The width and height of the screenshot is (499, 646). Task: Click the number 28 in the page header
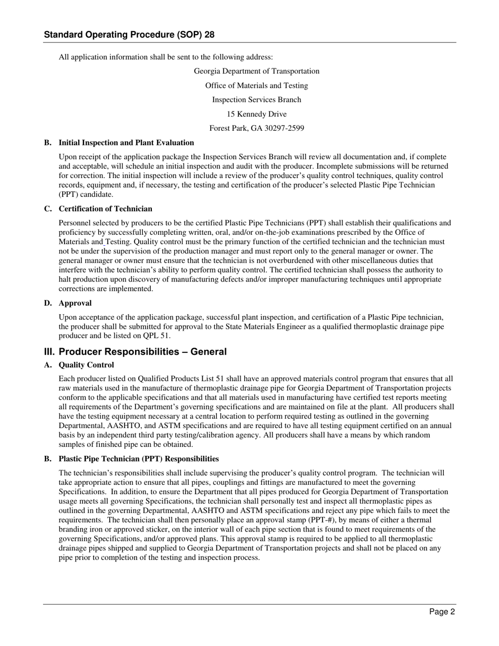point(209,35)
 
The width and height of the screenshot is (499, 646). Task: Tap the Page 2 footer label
point(441,611)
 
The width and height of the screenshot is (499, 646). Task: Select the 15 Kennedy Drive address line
point(256,114)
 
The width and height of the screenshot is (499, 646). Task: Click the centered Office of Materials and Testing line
point(256,86)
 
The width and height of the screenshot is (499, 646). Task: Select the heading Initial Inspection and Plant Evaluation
point(126,142)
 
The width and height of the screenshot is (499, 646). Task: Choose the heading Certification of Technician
point(105,209)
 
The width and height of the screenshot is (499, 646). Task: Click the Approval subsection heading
point(75,303)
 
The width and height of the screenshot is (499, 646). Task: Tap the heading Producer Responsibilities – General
point(142,352)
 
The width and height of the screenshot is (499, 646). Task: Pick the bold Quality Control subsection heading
point(86,364)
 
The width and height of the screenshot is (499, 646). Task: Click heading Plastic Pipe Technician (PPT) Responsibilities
point(139,459)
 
